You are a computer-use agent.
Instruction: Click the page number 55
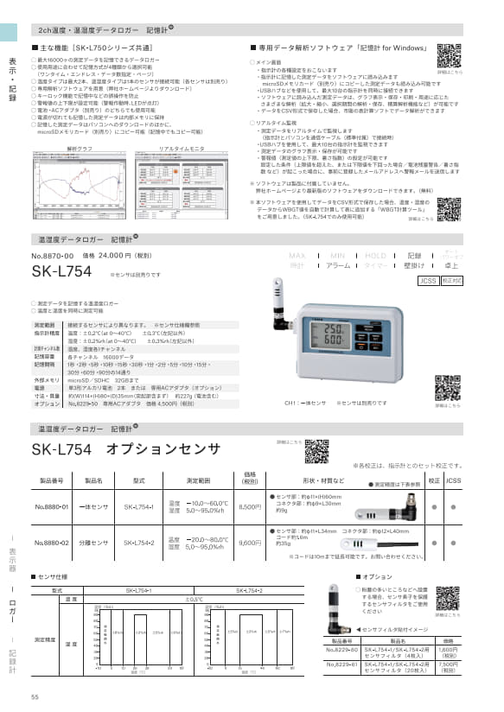[35, 697]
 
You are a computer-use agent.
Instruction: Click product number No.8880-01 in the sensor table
[54, 507]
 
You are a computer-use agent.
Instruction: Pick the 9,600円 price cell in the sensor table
[249, 544]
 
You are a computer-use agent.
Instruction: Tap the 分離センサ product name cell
[93, 544]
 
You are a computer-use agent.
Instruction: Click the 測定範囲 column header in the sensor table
[194, 479]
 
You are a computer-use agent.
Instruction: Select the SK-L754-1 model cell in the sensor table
[140, 507]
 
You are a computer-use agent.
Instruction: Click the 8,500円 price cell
[249, 507]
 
